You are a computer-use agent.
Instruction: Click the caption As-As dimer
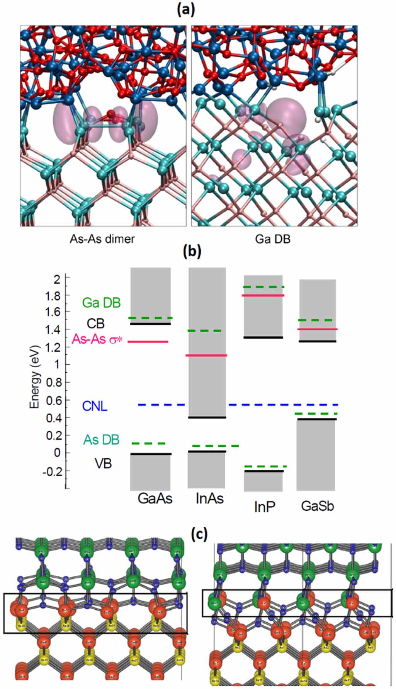click(x=102, y=239)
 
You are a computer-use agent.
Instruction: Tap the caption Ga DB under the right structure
click(x=273, y=239)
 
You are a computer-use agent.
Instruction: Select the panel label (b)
click(x=192, y=251)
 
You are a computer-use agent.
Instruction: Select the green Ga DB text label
click(x=102, y=303)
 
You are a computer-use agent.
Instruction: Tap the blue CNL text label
click(x=95, y=406)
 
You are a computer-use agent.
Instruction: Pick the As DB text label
click(x=102, y=440)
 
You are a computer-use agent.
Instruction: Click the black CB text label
click(x=95, y=323)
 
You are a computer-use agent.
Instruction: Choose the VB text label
click(x=104, y=463)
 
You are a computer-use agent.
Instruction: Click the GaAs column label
click(x=155, y=499)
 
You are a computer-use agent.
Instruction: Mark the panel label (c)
click(x=200, y=534)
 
